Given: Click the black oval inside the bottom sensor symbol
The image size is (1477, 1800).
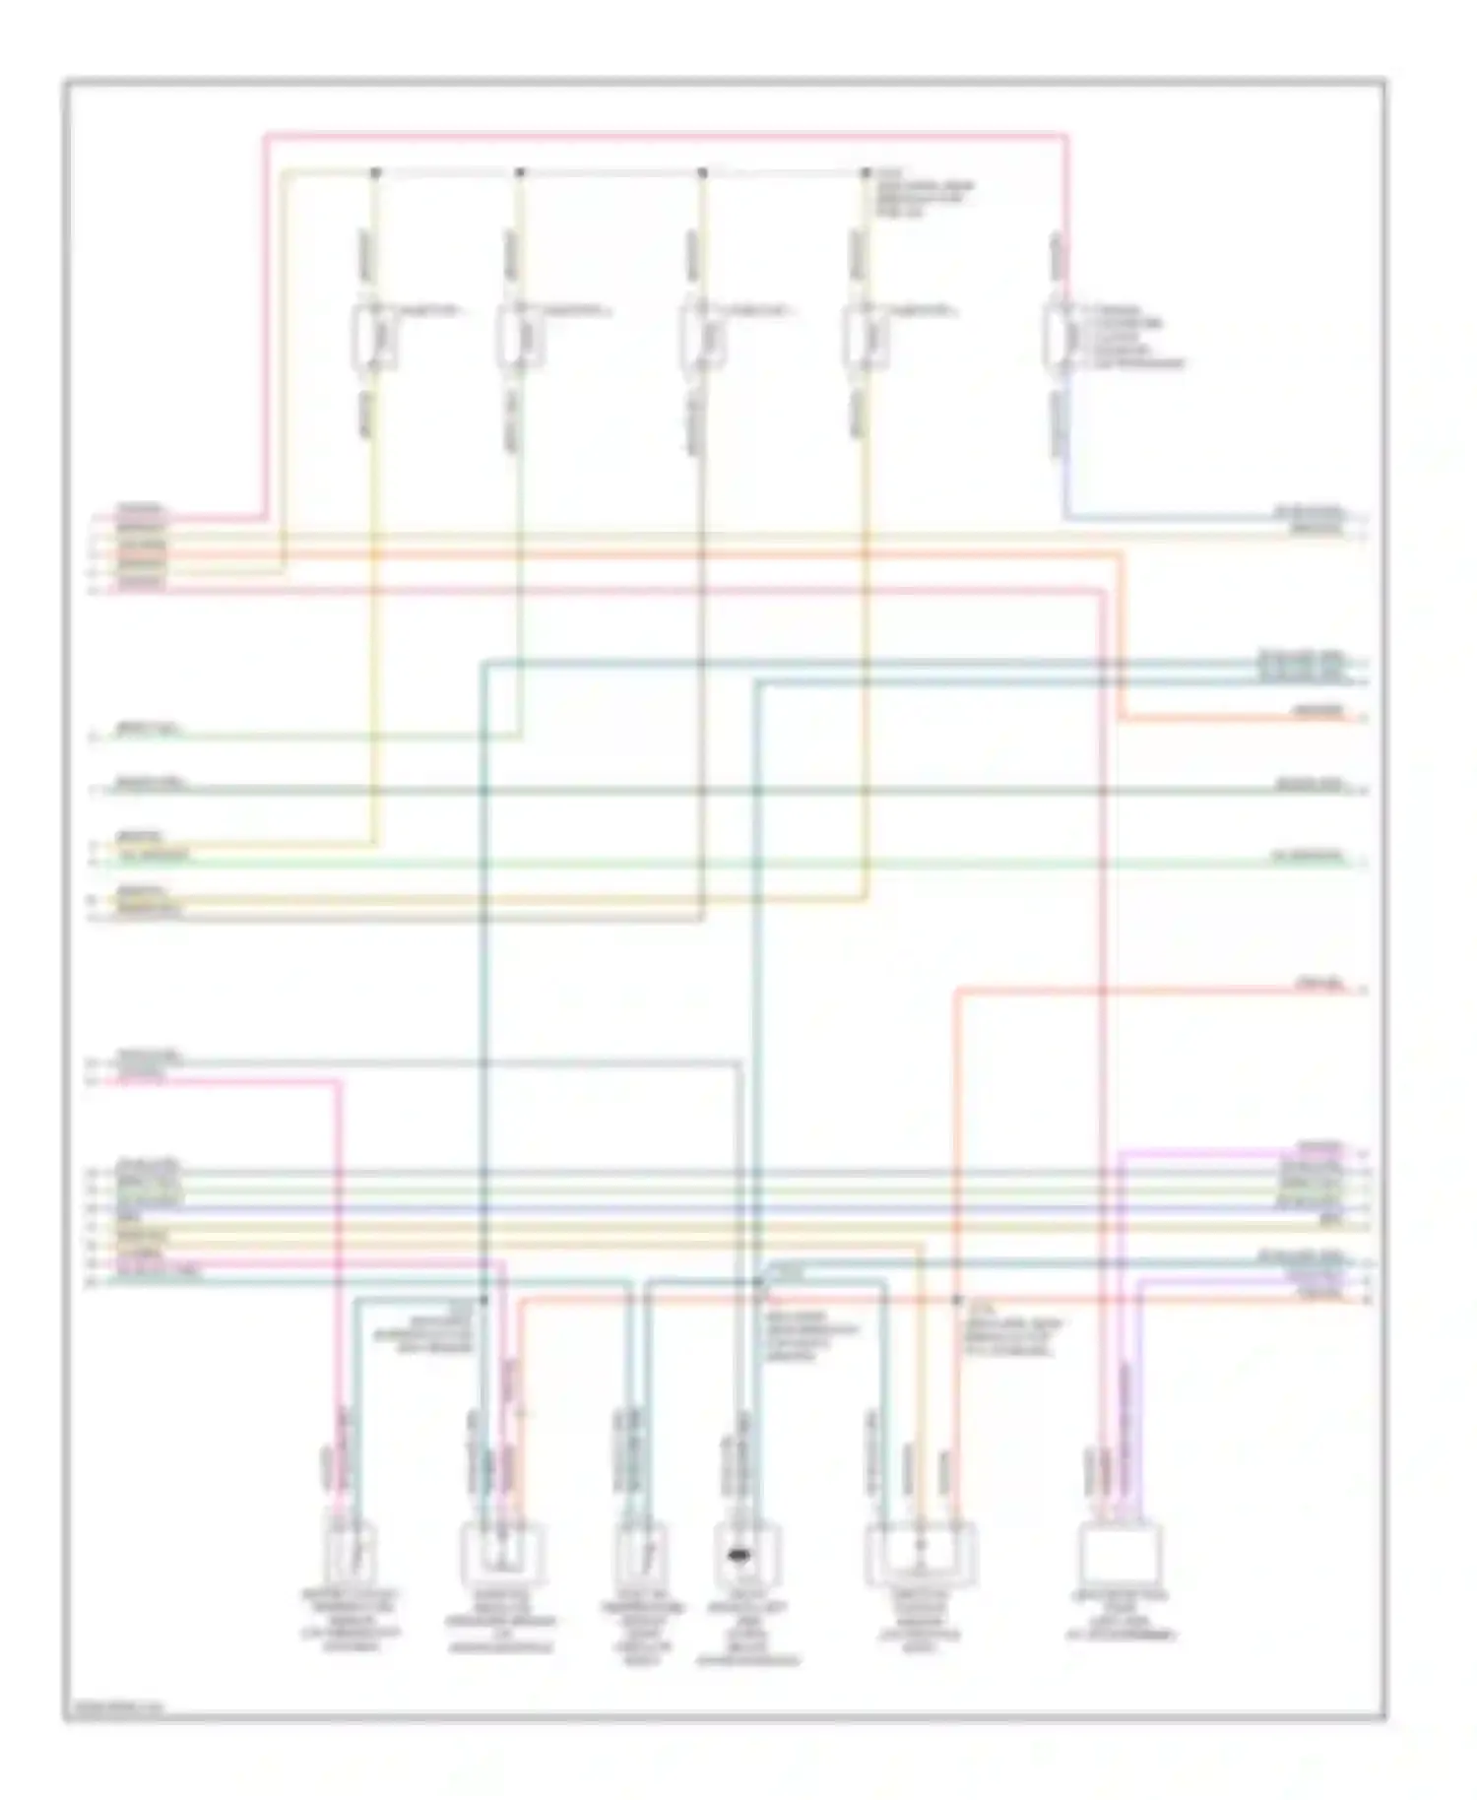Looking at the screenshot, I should pyautogui.click(x=736, y=1555).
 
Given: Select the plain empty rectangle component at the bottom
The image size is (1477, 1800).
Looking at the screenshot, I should pyautogui.click(x=1121, y=1554).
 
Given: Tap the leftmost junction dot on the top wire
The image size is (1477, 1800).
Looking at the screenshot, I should pyautogui.click(x=374, y=173).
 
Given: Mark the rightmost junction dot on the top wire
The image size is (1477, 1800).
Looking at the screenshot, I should pyautogui.click(x=866, y=173).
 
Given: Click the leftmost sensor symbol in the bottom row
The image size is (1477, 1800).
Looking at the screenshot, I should pyautogui.click(x=352, y=1551).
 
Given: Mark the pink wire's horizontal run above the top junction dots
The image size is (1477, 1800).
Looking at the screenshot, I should pyautogui.click(x=666, y=133).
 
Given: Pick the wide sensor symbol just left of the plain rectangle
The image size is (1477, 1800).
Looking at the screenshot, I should pyautogui.click(x=921, y=1554).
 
